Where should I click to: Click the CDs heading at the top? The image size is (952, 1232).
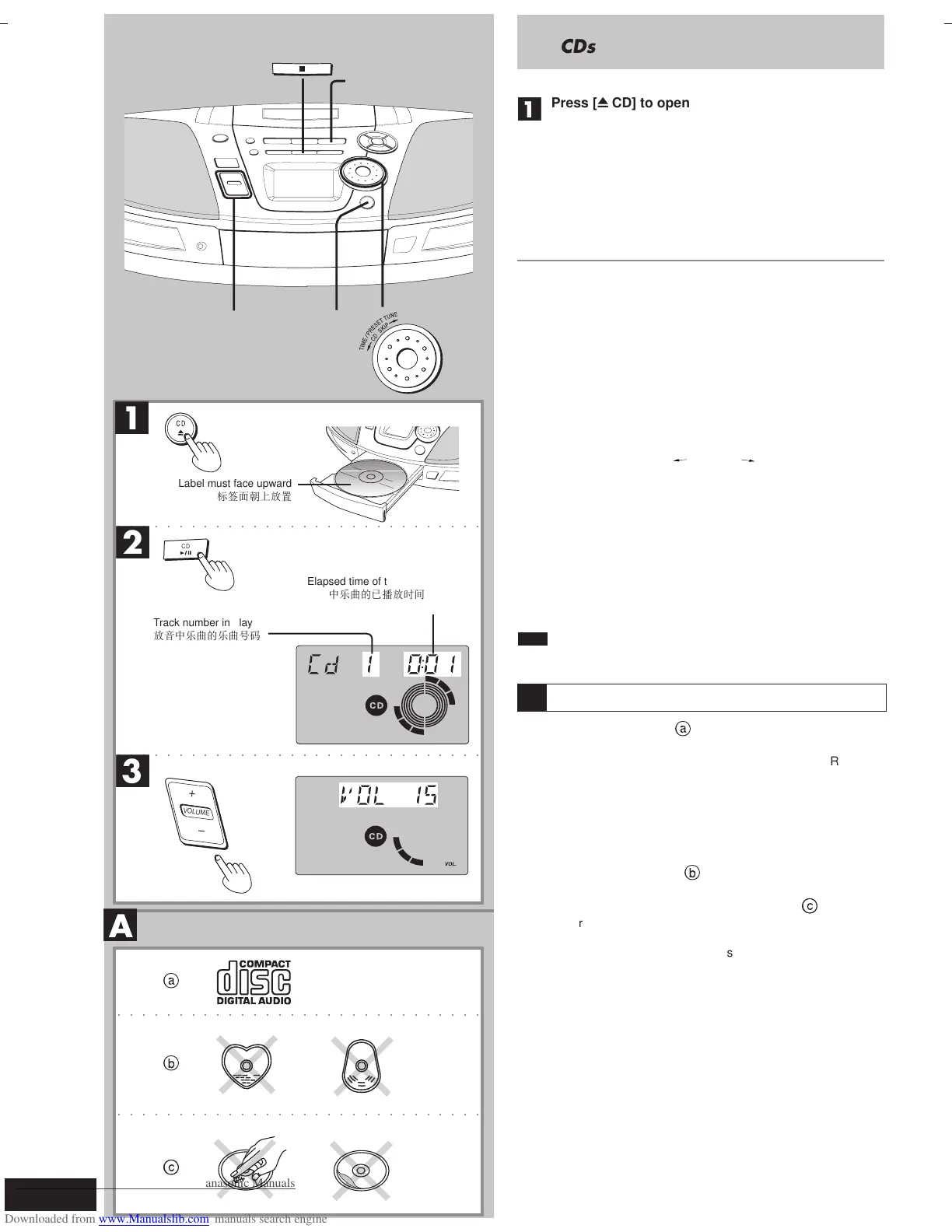[x=578, y=47]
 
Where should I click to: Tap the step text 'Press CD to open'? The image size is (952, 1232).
[x=620, y=103]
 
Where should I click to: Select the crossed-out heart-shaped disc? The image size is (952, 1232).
[x=247, y=1065]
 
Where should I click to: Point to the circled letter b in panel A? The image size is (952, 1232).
[x=171, y=1063]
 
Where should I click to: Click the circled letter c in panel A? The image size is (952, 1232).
[x=171, y=1167]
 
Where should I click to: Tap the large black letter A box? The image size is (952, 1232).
[x=121, y=926]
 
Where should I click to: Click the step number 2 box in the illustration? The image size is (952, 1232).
[x=132, y=542]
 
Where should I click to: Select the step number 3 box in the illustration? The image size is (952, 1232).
[x=132, y=771]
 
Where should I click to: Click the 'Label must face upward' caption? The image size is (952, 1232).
[x=235, y=484]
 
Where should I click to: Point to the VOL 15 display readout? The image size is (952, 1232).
[x=388, y=795]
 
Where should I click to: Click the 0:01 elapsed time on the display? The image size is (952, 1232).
[x=432, y=665]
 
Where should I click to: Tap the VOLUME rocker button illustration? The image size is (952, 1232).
[x=196, y=812]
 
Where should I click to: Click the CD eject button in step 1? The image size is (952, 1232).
[x=180, y=428]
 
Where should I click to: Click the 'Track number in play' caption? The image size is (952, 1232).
[x=203, y=623]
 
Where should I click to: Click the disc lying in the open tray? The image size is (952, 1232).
[x=370, y=478]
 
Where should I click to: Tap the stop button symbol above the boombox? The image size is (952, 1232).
[x=302, y=69]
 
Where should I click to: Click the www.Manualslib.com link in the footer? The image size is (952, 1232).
[x=154, y=1220]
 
